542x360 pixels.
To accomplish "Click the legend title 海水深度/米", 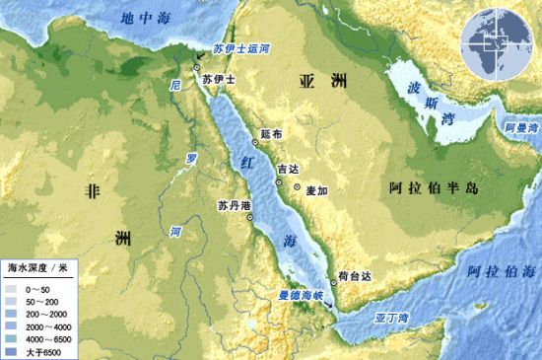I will (35, 266).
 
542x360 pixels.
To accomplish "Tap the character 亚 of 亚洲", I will (304, 87).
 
